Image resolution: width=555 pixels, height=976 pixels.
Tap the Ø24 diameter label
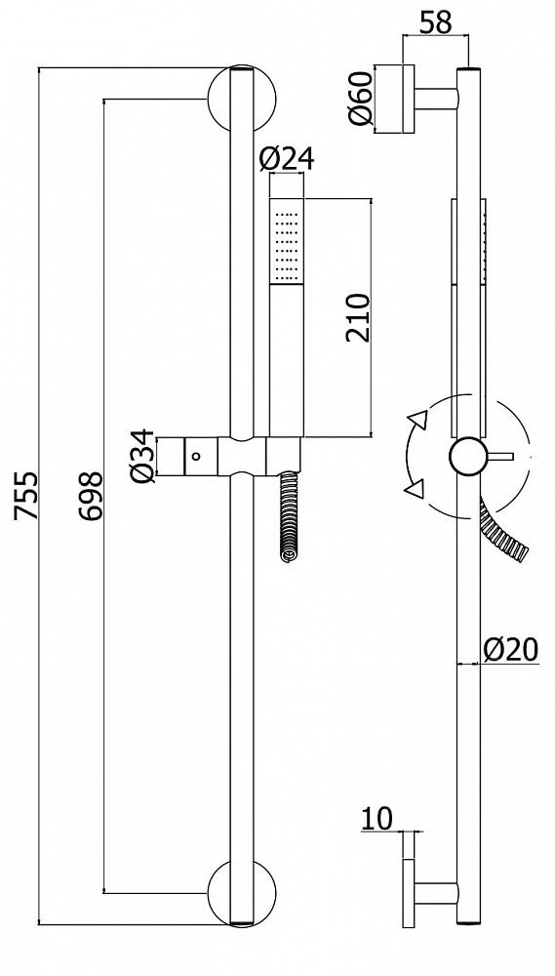[x=288, y=159]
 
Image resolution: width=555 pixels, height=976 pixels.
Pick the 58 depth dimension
[x=435, y=22]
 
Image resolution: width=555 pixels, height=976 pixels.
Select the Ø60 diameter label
[x=360, y=99]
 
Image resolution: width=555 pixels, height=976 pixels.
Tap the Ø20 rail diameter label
[x=511, y=648]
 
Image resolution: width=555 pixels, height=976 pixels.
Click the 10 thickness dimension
[x=377, y=817]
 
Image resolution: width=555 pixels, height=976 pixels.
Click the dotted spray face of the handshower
[x=288, y=240]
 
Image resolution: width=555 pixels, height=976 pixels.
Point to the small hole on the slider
[x=197, y=455]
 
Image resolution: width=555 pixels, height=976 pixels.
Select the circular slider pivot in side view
[x=466, y=456]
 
